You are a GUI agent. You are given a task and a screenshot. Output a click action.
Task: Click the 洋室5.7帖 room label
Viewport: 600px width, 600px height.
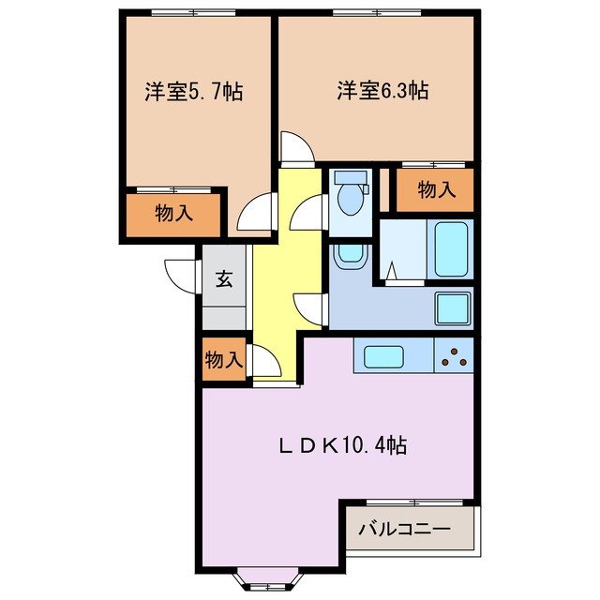[x=194, y=92]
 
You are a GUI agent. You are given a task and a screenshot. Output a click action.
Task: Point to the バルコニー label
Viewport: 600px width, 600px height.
[x=404, y=530]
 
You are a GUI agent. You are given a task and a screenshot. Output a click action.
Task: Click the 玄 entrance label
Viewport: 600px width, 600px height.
[x=226, y=278]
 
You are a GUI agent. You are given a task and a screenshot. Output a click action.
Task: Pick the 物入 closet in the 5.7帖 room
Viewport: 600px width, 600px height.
[x=173, y=213]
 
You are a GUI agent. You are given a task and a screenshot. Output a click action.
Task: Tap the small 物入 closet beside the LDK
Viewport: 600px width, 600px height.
[x=224, y=359]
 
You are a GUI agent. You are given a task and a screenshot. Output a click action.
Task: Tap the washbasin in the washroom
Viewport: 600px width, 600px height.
[x=349, y=254]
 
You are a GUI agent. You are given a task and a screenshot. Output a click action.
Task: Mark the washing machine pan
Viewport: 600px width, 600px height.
[x=454, y=307]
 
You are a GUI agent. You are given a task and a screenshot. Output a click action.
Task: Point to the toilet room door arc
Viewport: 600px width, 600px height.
[x=308, y=217]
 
